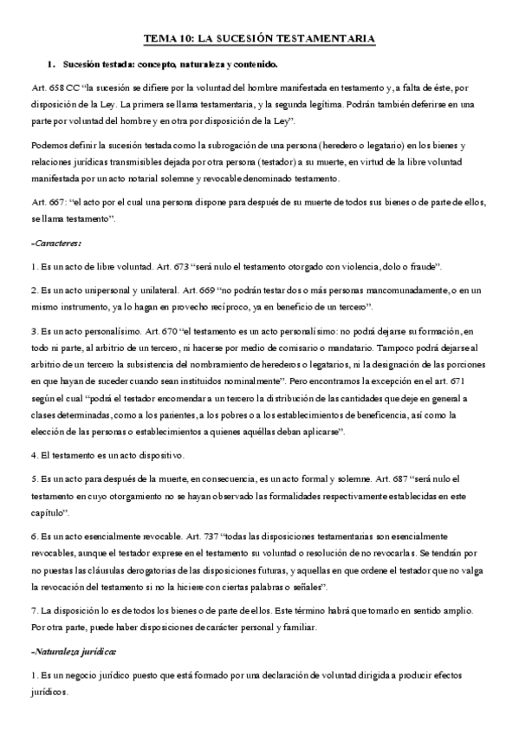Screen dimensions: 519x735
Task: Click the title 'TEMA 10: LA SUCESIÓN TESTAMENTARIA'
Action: (x=259, y=39)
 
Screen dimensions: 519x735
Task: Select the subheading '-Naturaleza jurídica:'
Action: (x=73, y=650)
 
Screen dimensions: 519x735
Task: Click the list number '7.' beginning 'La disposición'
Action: (x=34, y=610)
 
